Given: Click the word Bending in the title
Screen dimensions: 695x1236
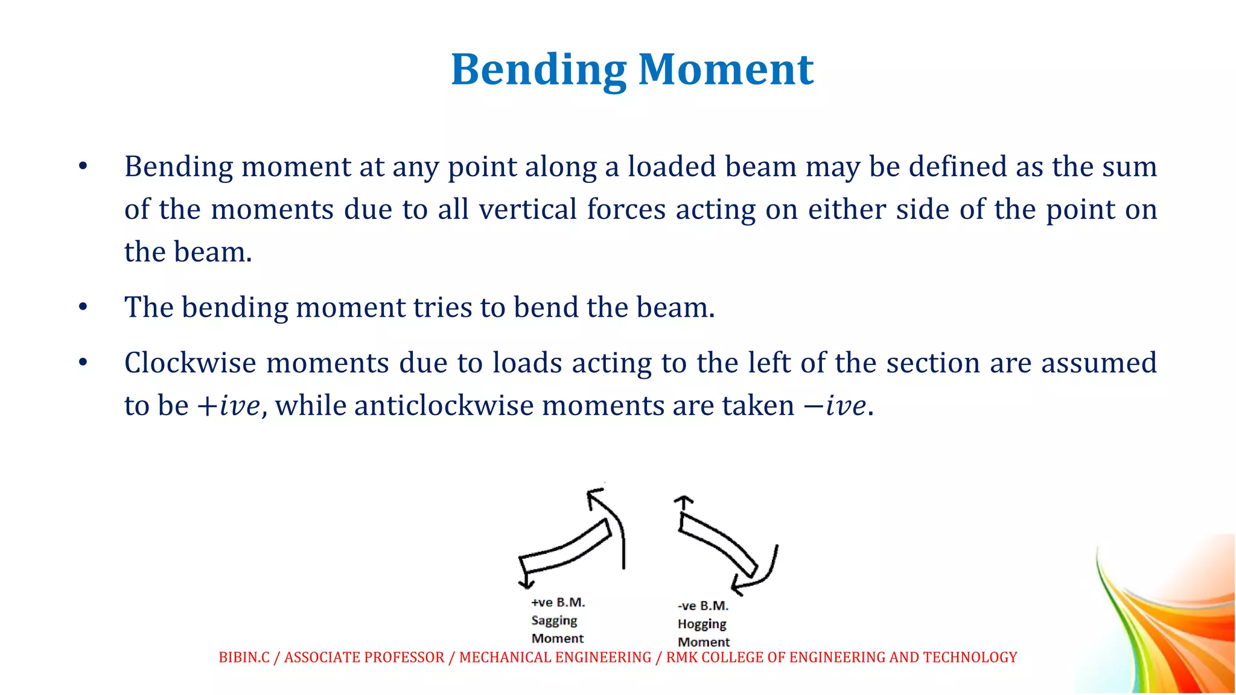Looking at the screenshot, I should point(538,70).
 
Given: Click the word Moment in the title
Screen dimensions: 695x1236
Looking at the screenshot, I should point(726,70).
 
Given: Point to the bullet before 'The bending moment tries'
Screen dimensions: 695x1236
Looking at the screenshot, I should point(83,307).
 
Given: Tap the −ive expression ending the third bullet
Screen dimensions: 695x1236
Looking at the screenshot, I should point(835,405).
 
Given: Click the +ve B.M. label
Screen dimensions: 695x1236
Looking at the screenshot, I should point(558,602).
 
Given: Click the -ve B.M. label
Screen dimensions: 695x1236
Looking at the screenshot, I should point(703,606).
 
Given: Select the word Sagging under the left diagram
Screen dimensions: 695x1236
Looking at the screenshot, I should point(554,620).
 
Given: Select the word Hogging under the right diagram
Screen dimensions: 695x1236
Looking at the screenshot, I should point(702,624).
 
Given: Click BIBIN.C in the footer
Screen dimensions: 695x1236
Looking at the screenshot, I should point(244,657).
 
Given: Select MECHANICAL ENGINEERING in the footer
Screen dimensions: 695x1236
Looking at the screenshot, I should point(555,657).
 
